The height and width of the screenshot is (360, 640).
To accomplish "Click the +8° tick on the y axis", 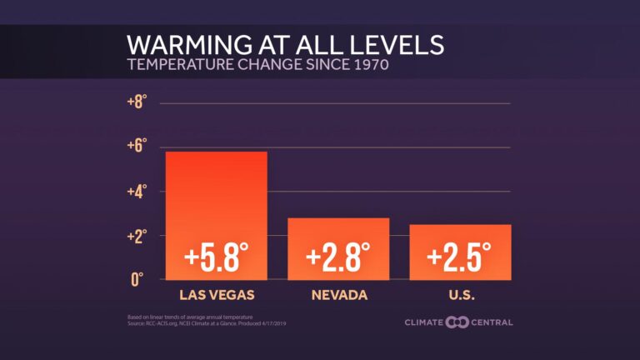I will pos(137,102).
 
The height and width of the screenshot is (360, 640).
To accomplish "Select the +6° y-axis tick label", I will pos(137,147).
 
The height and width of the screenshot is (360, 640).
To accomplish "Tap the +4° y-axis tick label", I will pos(137,191).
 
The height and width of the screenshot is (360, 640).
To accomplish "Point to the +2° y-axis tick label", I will pos(137,236).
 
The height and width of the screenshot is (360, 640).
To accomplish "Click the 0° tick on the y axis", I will pos(139,279).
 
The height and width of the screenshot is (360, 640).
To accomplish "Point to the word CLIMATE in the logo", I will pos(424,322).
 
